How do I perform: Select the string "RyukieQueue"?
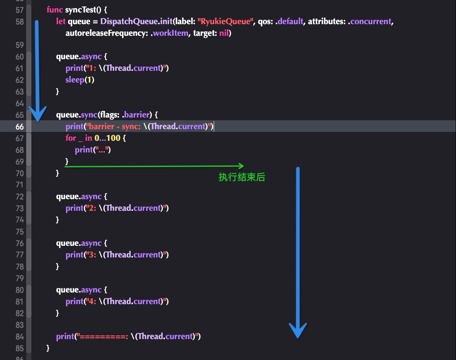tap(225, 21)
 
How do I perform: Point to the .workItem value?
tap(169, 33)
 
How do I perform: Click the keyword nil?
tap(224, 33)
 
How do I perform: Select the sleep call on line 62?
tap(75, 80)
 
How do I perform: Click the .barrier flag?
tap(136, 115)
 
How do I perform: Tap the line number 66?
tap(19, 127)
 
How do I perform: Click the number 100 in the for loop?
tap(113, 138)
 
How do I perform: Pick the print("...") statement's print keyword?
tap(84, 150)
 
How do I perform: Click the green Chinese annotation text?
tap(241, 177)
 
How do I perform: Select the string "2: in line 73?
tap(90, 208)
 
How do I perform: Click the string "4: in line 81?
tap(90, 301)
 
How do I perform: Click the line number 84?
tap(19, 337)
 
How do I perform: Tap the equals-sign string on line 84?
tap(102, 336)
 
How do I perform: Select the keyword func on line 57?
tap(55, 10)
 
